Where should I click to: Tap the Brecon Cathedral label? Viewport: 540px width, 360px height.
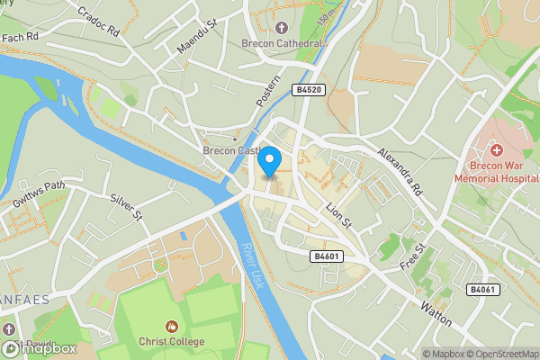(281, 42)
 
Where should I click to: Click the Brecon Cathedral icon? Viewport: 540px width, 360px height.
(281, 28)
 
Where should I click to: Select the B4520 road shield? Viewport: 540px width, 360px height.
(307, 89)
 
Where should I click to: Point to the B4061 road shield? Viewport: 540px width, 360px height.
(482, 289)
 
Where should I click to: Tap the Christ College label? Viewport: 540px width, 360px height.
(172, 341)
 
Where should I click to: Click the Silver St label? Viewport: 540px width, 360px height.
(127, 206)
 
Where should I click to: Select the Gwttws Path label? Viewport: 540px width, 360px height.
(40, 195)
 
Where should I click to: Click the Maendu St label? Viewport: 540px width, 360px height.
(197, 37)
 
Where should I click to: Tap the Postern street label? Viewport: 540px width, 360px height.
(268, 91)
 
